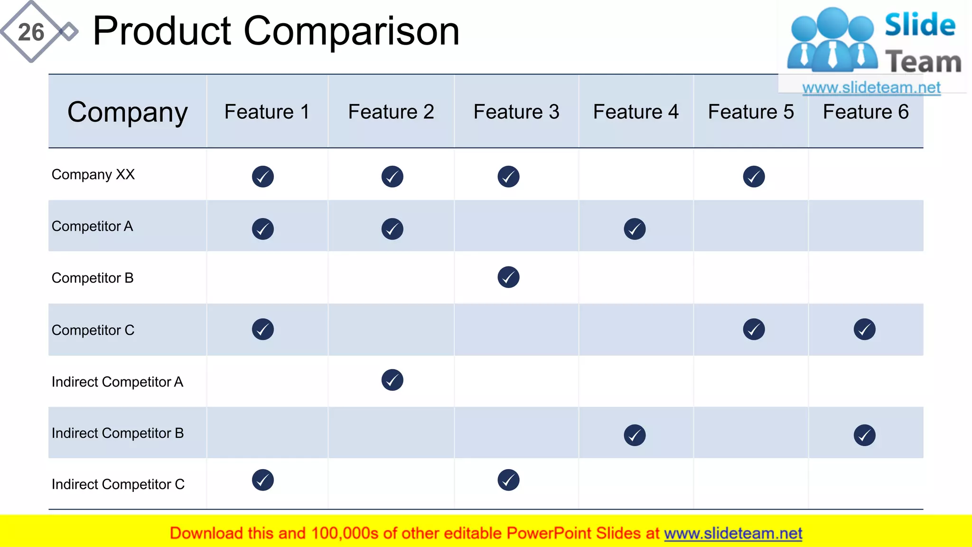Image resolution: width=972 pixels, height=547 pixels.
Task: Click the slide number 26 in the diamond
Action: [31, 32]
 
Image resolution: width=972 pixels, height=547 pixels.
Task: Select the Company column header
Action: [127, 112]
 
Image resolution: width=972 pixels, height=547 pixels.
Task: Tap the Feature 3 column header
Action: [516, 112]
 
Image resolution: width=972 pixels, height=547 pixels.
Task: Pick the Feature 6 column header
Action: [866, 112]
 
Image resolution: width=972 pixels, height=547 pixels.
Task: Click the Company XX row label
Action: [93, 175]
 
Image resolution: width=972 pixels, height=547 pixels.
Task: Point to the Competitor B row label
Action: [93, 278]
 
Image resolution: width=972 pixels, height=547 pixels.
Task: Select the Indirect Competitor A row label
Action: [117, 382]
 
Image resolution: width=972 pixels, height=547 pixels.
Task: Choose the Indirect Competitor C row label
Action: [118, 484]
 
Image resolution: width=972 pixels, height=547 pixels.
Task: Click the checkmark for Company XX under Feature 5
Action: [754, 177]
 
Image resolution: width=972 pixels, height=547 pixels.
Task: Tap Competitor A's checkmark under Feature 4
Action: [635, 229]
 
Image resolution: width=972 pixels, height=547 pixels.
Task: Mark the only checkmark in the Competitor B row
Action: [508, 277]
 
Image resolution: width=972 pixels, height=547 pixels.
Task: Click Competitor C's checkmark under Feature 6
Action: [864, 329]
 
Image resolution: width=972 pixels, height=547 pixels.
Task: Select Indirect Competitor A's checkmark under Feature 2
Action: [392, 380]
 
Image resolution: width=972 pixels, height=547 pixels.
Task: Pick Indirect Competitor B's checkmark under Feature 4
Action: [635, 435]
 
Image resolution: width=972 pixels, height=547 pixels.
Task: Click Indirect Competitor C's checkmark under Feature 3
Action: [508, 480]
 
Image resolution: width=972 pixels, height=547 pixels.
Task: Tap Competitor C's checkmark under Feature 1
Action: [263, 329]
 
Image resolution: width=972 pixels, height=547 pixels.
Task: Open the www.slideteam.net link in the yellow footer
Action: [733, 534]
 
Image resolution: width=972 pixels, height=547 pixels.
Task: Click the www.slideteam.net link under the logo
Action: [871, 87]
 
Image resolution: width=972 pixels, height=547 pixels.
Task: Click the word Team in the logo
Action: [923, 62]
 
